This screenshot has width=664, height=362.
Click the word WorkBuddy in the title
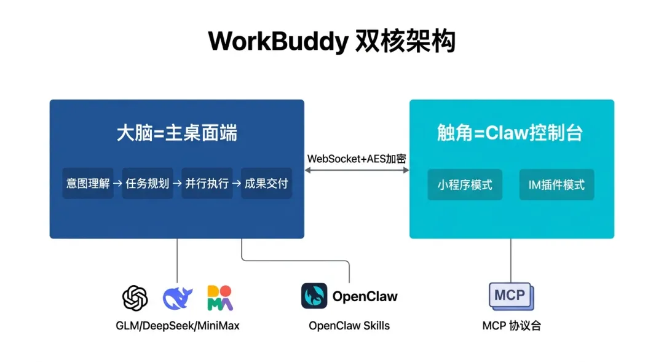point(279,42)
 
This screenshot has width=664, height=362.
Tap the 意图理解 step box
point(88,183)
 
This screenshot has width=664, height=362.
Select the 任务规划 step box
point(148,183)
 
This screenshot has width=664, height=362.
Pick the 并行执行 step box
point(207,183)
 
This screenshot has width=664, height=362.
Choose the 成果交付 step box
point(266,183)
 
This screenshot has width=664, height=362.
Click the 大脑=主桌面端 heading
point(177,133)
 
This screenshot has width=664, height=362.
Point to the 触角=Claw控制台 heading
point(510,133)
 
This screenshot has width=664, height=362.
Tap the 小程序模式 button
point(465,184)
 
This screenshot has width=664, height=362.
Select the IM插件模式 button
point(556,184)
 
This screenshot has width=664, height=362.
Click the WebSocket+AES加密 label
point(357,159)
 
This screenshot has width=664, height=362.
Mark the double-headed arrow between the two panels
point(357,170)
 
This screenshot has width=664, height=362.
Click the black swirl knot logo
point(135,298)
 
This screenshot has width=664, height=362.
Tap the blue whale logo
point(178,298)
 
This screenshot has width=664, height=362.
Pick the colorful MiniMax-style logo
point(219,298)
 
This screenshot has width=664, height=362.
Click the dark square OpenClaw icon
point(314,296)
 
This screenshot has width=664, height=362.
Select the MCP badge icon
point(511,296)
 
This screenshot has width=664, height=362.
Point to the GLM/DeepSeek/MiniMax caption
point(178,326)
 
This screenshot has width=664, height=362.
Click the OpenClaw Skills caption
point(349,326)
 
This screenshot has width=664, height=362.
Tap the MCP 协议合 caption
point(512,326)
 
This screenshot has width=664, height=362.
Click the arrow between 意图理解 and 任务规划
point(117,183)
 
